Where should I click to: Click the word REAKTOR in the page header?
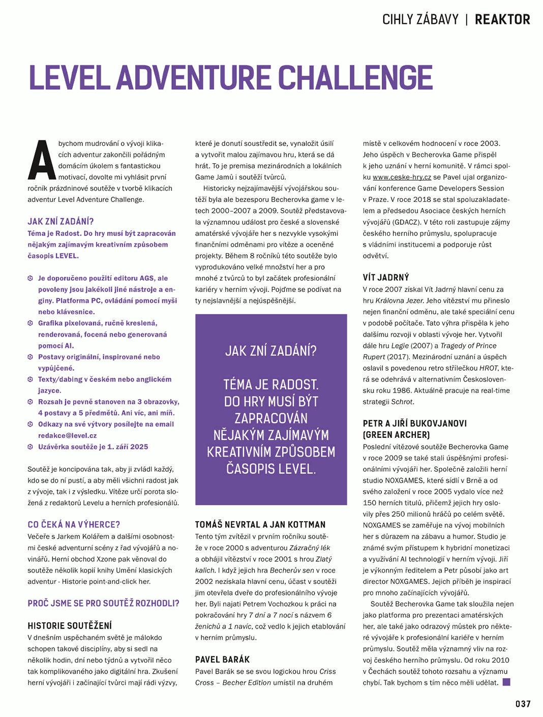click(502, 20)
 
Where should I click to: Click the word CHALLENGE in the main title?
click(355, 78)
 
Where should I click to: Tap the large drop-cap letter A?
click(42, 160)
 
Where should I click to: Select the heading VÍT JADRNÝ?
click(385, 277)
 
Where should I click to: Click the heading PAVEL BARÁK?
click(222, 660)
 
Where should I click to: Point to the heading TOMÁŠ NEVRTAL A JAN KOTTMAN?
click(260, 524)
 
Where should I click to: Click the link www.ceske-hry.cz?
click(402, 177)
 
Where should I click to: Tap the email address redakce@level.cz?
click(67, 435)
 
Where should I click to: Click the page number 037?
click(523, 704)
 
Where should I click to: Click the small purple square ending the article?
click(506, 682)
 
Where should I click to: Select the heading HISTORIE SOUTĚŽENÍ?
click(70, 625)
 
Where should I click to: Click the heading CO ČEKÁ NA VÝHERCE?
click(74, 524)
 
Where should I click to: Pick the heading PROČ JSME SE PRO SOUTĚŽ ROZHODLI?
click(103, 603)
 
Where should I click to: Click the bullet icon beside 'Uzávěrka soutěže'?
click(31, 446)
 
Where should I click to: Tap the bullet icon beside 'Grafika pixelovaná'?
click(31, 323)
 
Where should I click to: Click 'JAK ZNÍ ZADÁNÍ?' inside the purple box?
click(271, 351)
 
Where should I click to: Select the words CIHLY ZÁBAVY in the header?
click(420, 20)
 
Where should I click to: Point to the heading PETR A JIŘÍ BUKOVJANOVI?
click(414, 423)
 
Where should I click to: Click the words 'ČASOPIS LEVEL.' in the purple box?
click(271, 469)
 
